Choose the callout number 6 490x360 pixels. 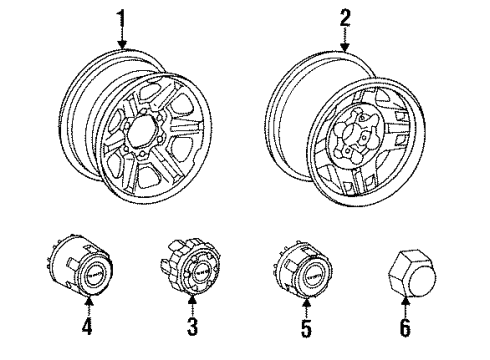[x=405, y=326]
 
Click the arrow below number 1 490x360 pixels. [x=122, y=38]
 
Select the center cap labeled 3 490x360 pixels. [x=193, y=271]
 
